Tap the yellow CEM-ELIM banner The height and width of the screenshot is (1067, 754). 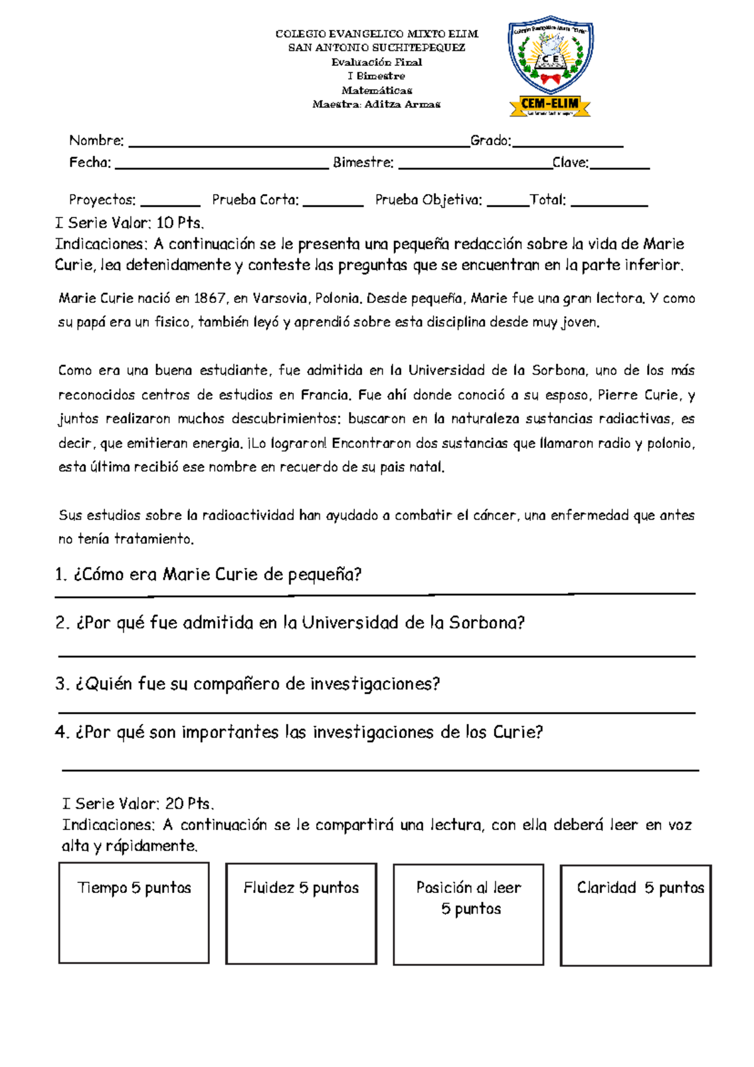tap(550, 105)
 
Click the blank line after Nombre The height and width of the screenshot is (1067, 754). tap(298, 143)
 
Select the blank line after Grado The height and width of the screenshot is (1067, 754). tap(567, 143)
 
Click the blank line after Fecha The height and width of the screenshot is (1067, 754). tap(222, 165)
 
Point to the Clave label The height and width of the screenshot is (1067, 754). tap(571, 162)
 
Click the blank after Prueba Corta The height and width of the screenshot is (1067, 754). tap(332, 202)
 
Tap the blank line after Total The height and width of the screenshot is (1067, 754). tap(609, 202)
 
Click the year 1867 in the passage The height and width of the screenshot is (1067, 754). tap(210, 298)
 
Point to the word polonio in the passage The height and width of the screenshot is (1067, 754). tap(669, 443)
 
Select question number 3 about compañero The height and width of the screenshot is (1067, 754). tap(248, 684)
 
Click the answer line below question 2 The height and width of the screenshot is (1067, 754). tap(377, 655)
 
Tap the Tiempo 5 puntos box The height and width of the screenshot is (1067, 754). tap(134, 912)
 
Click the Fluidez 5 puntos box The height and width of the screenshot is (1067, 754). tap(301, 912)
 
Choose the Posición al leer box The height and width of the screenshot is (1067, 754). tap(468, 914)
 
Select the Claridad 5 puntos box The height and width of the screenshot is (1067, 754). tap(635, 915)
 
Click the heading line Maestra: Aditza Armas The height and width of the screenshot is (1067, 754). tap(376, 104)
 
